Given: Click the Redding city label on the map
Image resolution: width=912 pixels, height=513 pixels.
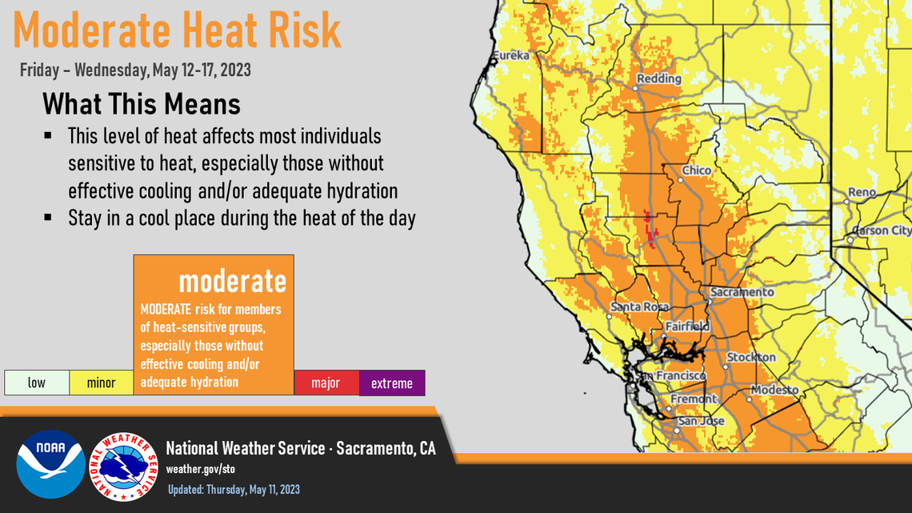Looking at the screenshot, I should tap(658, 78).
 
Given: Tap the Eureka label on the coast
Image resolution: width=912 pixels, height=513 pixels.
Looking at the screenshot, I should tap(511, 55).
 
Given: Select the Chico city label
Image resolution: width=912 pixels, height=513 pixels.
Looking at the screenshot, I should tap(696, 170).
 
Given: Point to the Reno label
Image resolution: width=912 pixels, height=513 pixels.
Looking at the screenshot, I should tap(862, 193).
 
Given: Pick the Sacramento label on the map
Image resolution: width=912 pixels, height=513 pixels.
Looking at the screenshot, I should tap(742, 292).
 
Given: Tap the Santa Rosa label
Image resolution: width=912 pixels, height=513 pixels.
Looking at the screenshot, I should tap(634, 307).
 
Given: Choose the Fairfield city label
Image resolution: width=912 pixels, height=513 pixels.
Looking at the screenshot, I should tap(687, 327).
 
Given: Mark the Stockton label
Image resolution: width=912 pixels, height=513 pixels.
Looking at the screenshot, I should tap(751, 357).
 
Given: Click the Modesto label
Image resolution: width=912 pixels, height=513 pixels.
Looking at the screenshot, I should tap(774, 390).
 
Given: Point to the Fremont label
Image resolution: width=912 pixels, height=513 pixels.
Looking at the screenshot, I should tap(694, 399).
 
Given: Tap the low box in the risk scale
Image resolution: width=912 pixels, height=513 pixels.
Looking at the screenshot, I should tap(37, 383).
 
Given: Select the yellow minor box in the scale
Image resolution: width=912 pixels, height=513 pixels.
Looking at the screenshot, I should tap(101, 383).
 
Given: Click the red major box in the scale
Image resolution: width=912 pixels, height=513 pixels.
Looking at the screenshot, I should tap(326, 383).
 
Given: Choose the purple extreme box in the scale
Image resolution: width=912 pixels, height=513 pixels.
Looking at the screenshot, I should tap(391, 383).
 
